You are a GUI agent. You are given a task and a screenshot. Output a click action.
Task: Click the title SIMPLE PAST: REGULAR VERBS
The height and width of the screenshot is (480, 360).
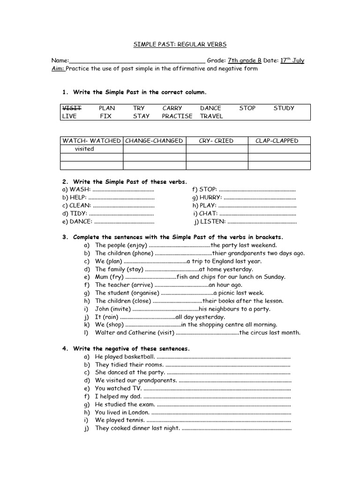pyautogui.click(x=180, y=44)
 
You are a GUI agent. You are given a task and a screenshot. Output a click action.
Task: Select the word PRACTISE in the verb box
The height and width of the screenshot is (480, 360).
pyautogui.click(x=177, y=116)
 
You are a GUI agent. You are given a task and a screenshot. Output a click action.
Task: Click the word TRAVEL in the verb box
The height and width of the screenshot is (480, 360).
pyautogui.click(x=211, y=116)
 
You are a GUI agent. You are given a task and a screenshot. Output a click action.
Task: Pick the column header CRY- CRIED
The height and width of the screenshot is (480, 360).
pyautogui.click(x=217, y=141)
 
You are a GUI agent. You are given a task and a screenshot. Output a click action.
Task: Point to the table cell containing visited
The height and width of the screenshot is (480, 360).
pyautogui.click(x=84, y=149)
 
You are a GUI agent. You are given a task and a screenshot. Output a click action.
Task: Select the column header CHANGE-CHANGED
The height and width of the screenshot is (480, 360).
pyautogui.click(x=154, y=141)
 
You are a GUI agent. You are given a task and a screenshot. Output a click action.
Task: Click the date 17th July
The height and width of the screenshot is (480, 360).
pyautogui.click(x=292, y=60)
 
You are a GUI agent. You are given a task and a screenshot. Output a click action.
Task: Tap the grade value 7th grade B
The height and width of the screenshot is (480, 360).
pyautogui.click(x=244, y=60)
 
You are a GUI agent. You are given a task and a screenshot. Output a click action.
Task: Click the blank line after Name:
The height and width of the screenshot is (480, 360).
pyautogui.click(x=137, y=61)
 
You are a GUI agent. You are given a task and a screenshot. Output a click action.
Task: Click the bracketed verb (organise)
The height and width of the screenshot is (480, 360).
pyautogui.click(x=143, y=293)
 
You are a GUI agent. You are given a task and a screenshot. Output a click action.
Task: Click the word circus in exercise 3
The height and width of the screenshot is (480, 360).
pyautogui.click(x=260, y=333)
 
